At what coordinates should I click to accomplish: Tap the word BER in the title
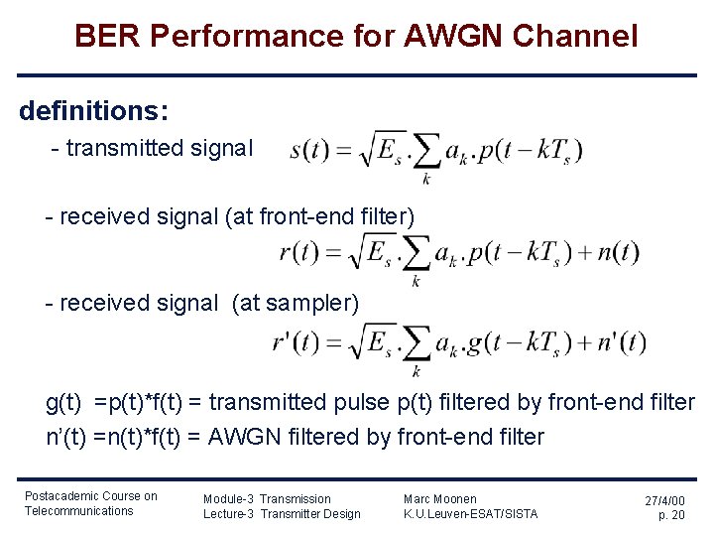click(x=107, y=37)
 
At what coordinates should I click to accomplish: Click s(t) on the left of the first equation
click(x=308, y=151)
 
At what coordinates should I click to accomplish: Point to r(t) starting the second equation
click(x=298, y=252)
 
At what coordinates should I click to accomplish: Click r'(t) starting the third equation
click(x=297, y=342)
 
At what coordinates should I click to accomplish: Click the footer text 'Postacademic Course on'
click(x=90, y=496)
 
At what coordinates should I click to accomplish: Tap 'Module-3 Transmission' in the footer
click(x=267, y=498)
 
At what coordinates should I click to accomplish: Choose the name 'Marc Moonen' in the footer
click(x=439, y=498)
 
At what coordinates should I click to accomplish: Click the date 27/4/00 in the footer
click(x=663, y=502)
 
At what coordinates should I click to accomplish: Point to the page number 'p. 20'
click(x=671, y=516)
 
